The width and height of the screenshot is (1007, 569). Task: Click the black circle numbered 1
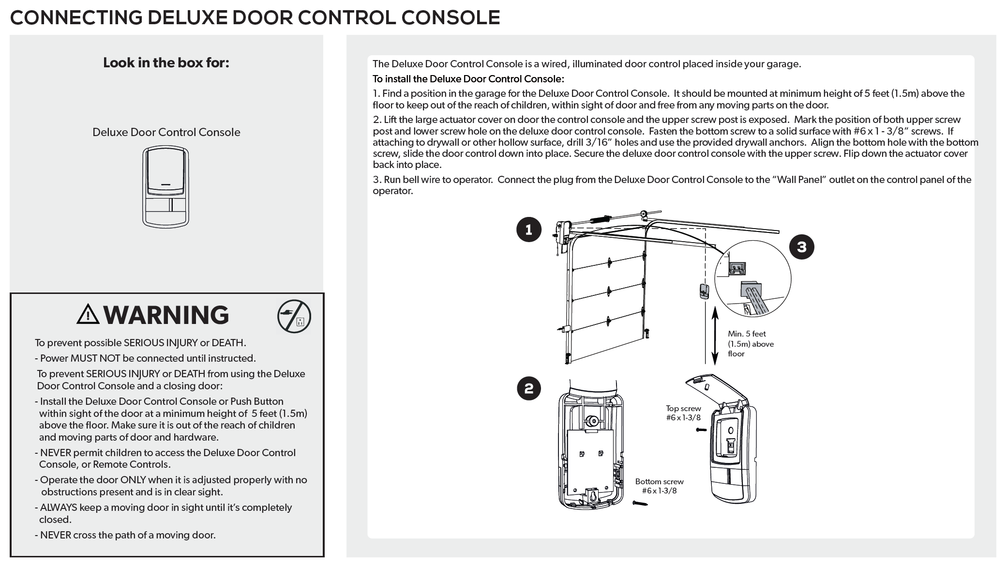click(x=528, y=230)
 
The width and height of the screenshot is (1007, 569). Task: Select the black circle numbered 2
click(x=528, y=388)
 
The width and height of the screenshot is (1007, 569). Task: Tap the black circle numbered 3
click(x=801, y=247)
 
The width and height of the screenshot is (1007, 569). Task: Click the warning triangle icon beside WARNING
click(x=88, y=315)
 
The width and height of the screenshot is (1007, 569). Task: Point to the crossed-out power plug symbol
click(x=294, y=317)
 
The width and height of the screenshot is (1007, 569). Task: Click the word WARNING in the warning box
click(x=166, y=315)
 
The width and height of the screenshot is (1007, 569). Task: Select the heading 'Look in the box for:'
click(x=166, y=62)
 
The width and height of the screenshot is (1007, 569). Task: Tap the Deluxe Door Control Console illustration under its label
click(x=165, y=186)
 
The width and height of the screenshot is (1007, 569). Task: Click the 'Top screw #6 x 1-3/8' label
click(x=683, y=413)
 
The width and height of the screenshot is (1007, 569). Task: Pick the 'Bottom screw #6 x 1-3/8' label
click(x=659, y=486)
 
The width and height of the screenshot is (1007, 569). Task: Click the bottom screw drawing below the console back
click(x=639, y=504)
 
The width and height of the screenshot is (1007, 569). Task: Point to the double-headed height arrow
click(x=715, y=337)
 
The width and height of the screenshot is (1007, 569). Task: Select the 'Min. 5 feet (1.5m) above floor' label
click(x=750, y=344)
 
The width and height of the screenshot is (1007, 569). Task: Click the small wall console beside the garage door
click(x=704, y=292)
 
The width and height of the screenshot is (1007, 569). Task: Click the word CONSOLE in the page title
click(x=451, y=18)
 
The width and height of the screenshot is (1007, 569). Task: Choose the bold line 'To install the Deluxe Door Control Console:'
click(x=468, y=79)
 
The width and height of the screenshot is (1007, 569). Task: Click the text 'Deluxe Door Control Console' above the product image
click(x=166, y=132)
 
